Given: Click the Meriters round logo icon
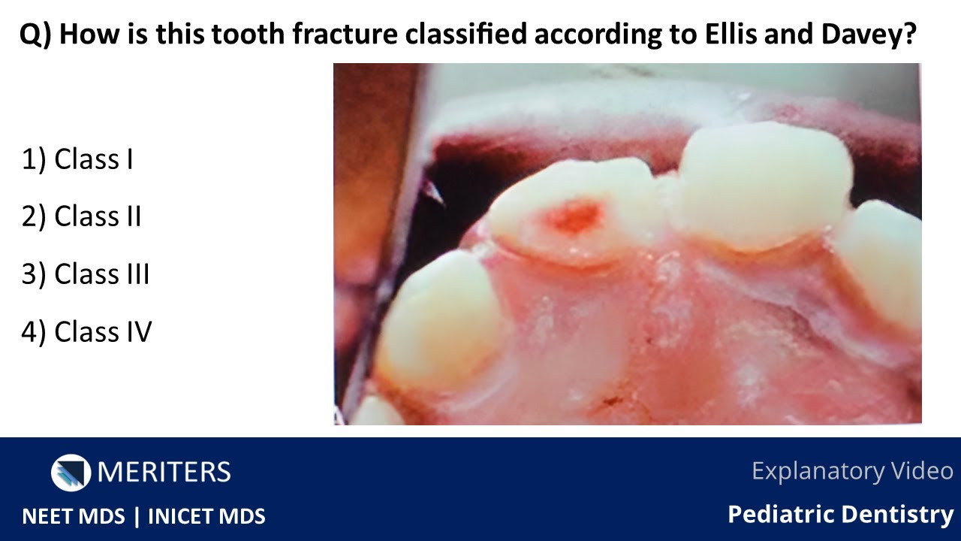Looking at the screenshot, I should click(71, 472).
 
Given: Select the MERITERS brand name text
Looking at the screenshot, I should click(164, 472).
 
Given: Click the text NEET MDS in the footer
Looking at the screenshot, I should click(73, 517).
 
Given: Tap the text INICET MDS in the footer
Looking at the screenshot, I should click(206, 517).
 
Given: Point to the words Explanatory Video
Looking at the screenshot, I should click(852, 471).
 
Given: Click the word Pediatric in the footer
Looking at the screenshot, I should click(782, 515).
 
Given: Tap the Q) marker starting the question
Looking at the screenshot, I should click(36, 35).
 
